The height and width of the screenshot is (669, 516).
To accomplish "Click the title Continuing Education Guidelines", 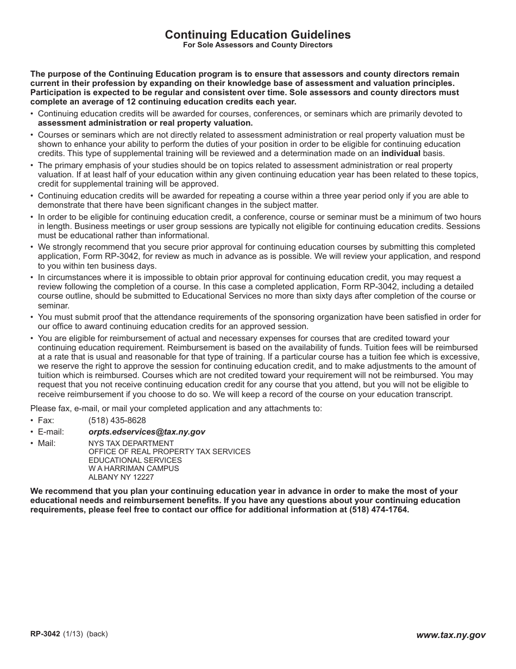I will (x=257, y=35).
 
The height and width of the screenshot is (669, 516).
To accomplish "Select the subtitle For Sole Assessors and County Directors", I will (x=257, y=45).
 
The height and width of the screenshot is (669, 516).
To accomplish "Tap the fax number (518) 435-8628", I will (x=117, y=420).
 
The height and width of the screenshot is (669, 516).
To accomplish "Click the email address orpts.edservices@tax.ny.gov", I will (x=147, y=432).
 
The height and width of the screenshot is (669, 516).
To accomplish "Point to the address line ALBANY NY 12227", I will (x=121, y=477).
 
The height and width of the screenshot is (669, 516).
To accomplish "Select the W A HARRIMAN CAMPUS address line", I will (x=134, y=468).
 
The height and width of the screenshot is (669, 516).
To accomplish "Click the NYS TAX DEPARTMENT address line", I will (x=131, y=443).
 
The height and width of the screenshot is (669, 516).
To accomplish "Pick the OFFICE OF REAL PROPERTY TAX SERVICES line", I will (x=169, y=451).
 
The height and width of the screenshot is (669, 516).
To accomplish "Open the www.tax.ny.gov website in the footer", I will (x=451, y=635).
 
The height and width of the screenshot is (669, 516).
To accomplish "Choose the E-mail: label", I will (x=51, y=432).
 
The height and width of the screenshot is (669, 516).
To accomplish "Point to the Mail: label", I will (x=46, y=443).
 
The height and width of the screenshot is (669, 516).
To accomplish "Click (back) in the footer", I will (x=97, y=634).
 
